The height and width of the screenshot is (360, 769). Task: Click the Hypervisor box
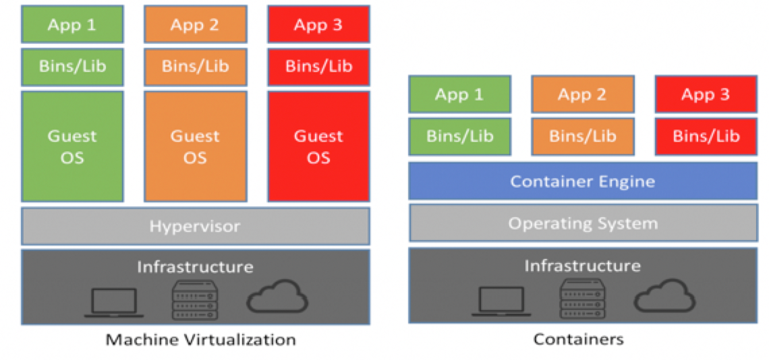tap(195, 226)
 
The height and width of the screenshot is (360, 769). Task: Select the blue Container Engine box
tap(582, 181)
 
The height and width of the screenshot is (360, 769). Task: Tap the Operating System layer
tap(582, 223)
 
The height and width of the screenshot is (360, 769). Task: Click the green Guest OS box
tap(72, 146)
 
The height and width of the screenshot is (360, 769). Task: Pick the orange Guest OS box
tap(195, 146)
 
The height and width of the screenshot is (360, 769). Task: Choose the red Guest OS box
tap(318, 146)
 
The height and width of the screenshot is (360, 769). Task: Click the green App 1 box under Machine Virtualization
tap(72, 25)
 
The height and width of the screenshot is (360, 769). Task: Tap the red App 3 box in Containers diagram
tap(706, 94)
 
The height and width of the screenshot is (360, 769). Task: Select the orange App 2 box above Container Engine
tap(582, 94)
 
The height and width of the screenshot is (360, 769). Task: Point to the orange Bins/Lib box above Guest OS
tap(195, 67)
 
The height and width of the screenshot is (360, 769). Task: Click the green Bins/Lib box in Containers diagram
tap(459, 136)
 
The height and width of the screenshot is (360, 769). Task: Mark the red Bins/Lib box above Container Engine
tap(706, 136)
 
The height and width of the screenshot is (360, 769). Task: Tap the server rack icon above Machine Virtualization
tap(195, 300)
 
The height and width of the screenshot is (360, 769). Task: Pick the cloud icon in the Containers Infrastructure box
tap(664, 297)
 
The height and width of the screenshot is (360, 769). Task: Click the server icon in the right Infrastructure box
tap(582, 299)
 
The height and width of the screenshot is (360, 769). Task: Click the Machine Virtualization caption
tap(200, 339)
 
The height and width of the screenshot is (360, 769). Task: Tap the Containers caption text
tap(578, 339)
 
